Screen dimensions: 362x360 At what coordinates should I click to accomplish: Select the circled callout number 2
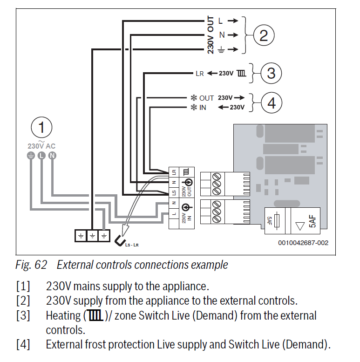[264, 35]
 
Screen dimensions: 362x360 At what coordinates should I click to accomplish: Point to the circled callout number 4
[272, 102]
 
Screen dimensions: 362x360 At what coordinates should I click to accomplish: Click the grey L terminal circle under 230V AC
[41, 156]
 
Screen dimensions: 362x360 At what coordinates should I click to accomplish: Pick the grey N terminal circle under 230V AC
[52, 156]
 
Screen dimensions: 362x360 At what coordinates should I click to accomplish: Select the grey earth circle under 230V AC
[31, 156]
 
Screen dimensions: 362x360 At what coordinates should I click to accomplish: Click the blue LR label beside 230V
[200, 73]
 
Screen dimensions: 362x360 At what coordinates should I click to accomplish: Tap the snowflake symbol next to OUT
[194, 98]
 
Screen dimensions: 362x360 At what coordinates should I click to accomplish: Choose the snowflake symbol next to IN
[194, 107]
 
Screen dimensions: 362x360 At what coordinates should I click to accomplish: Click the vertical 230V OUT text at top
[211, 35]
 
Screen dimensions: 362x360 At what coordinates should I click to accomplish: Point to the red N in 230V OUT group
[222, 35]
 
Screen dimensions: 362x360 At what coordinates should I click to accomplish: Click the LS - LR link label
[133, 245]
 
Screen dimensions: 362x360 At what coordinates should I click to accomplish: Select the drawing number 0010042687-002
[303, 243]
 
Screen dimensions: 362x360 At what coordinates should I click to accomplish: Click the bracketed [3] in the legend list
[23, 315]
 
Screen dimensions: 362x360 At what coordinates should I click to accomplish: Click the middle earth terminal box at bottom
[93, 236]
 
